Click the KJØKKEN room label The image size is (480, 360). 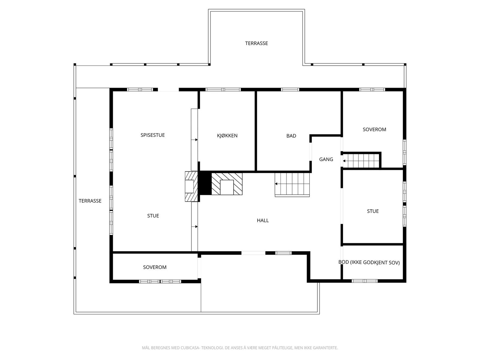[x=227, y=136]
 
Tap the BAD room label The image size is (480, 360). [x=291, y=136]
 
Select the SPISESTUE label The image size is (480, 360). [x=153, y=135]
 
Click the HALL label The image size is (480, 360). [x=262, y=220]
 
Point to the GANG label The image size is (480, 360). [x=326, y=159]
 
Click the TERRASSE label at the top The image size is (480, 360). [x=256, y=43]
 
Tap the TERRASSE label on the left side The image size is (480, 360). [x=90, y=201]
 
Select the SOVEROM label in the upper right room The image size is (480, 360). [x=374, y=130]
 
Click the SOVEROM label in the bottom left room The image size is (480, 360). [x=154, y=267]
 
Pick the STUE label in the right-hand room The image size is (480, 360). [x=373, y=211]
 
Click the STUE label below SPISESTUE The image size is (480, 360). [x=153, y=216]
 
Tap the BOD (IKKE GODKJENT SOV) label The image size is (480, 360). [x=369, y=262]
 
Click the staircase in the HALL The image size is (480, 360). [x=292, y=185]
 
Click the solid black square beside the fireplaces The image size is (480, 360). [x=205, y=183]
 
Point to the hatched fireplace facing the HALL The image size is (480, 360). [x=227, y=184]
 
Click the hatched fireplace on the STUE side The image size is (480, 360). [x=191, y=186]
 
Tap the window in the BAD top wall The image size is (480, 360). [x=290, y=89]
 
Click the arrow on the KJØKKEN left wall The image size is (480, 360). [x=196, y=140]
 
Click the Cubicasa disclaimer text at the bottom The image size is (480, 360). [x=240, y=348]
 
